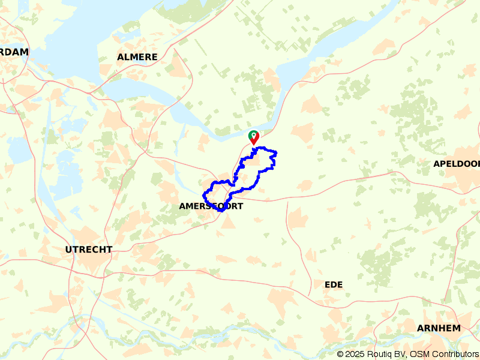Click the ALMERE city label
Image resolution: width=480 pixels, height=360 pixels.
pyautogui.click(x=137, y=57)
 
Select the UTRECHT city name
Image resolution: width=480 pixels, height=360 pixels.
pyautogui.click(x=89, y=249)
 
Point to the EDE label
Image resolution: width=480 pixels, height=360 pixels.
pyautogui.click(x=333, y=284)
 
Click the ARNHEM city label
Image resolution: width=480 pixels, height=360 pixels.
pyautogui.click(x=439, y=328)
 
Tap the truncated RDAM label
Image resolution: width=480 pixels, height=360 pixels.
pyautogui.click(x=14, y=52)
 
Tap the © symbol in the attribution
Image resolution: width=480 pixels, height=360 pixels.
pyautogui.click(x=340, y=354)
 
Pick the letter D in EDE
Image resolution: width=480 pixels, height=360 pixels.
pyautogui.click(x=333, y=284)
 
